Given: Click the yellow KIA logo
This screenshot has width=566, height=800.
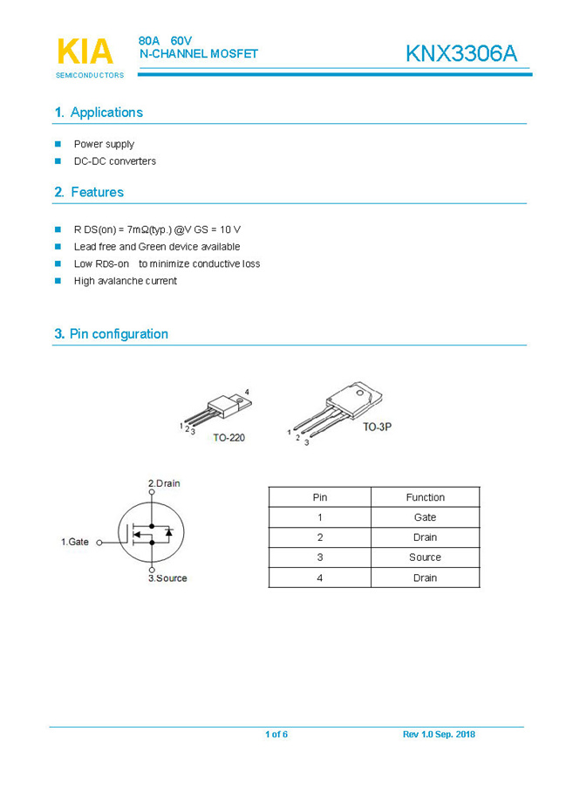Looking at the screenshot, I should pos(85,51).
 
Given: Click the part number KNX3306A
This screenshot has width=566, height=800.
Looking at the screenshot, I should pos(460,53).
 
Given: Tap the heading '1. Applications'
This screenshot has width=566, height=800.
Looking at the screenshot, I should pos(99,113).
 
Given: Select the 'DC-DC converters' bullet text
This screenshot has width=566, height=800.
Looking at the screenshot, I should pos(114,161).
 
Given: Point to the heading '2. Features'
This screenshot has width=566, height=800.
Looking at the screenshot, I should pos(89,192).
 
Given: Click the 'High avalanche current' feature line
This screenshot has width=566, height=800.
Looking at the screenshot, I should pos(125,281).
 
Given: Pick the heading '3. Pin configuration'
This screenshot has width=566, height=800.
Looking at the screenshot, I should pos(111,334).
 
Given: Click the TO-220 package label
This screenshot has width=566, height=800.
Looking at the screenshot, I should pos(228,438).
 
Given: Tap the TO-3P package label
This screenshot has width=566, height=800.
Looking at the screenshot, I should pos(378,427).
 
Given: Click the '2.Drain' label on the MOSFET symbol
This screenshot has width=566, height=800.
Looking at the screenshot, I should pos(164,483).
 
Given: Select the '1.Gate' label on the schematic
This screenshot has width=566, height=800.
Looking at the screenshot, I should pos(75,542).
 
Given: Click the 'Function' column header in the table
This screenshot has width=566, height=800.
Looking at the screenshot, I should pos(425,497).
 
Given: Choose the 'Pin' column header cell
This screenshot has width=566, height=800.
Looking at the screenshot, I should pos(320,497).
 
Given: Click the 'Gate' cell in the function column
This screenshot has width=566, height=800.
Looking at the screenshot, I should pos(425,517).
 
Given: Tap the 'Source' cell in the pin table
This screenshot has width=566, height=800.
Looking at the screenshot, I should pos(425,557).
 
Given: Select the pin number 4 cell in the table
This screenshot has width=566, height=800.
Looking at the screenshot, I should pos(320,578).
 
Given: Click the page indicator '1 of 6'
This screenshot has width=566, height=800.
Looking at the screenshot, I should pos(276,735).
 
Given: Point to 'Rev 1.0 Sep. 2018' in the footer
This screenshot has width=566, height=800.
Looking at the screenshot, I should pos(439,735).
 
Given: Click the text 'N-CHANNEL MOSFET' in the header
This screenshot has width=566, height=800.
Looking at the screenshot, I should pos(199,54).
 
